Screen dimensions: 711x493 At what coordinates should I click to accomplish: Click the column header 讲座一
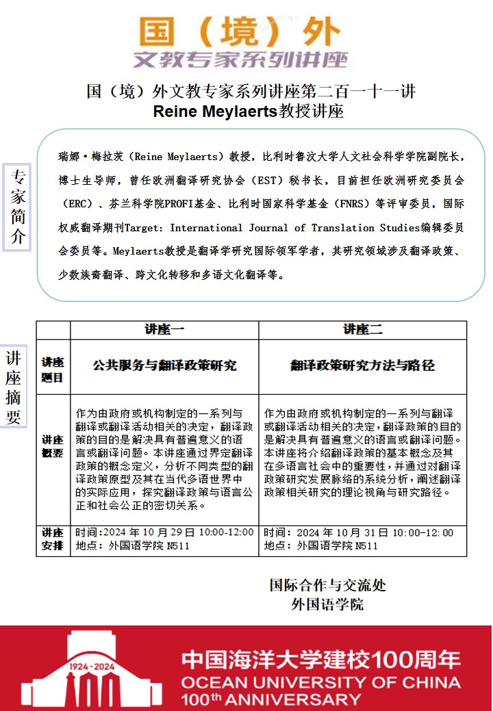coord(164,329)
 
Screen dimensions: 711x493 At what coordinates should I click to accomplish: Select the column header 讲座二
coord(363,329)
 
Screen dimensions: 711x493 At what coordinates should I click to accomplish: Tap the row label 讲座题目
coord(53,369)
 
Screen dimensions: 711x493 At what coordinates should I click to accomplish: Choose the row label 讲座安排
coord(53,539)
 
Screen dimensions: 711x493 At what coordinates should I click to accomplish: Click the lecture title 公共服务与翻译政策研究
coord(164,365)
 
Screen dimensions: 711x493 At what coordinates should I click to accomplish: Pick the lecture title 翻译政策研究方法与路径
coord(362,365)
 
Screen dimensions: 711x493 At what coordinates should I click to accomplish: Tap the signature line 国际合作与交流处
coord(327,585)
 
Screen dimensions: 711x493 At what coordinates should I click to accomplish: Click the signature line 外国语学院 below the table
coord(327,604)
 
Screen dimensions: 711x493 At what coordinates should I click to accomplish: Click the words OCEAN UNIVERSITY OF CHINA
coord(320,682)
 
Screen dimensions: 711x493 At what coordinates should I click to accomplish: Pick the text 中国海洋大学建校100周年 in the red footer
coord(320,660)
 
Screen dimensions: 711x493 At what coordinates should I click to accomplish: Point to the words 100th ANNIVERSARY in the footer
coord(270,699)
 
